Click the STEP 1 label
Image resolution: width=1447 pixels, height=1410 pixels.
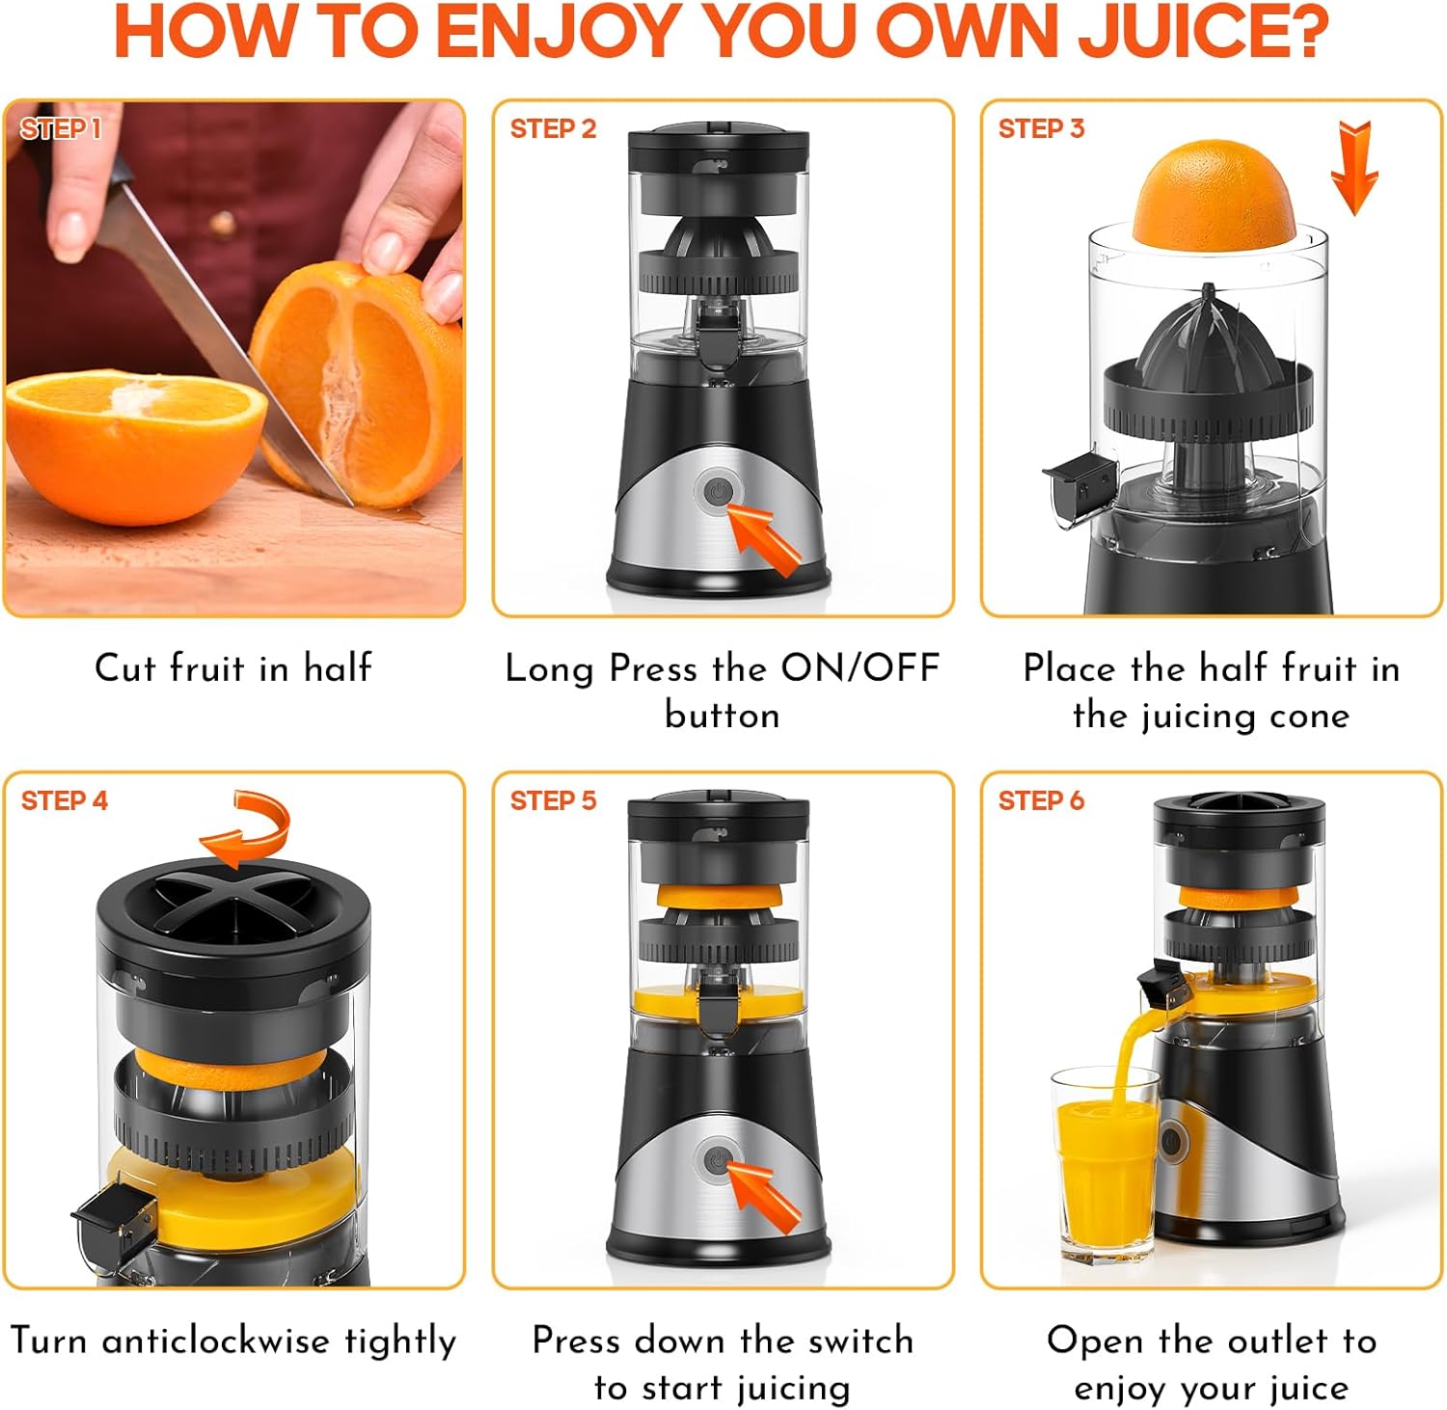click(61, 128)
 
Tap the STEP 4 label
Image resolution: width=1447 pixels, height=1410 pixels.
click(65, 800)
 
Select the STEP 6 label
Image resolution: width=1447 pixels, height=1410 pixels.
click(1041, 800)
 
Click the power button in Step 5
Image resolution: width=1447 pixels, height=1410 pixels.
click(718, 1161)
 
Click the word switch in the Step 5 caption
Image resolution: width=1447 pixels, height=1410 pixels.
click(860, 1341)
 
